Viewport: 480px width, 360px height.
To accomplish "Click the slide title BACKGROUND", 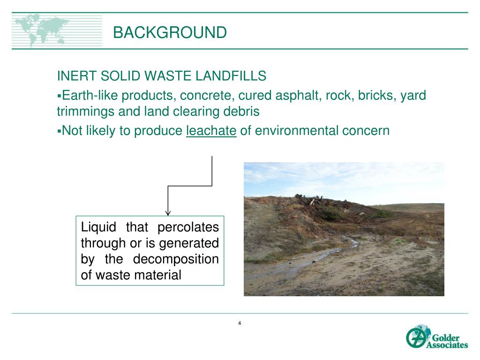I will click(170, 33).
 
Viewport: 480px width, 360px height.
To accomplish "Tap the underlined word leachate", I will click(211, 130).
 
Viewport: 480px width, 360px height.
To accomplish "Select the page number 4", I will click(240, 323).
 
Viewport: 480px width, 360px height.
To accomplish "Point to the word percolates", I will click(188, 227).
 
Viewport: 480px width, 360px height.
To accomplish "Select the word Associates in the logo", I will click(447, 345).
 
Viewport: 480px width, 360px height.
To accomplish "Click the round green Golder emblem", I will click(415, 337).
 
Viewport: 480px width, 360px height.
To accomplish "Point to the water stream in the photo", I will click(323, 255).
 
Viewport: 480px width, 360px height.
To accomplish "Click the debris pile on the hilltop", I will click(319, 202).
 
